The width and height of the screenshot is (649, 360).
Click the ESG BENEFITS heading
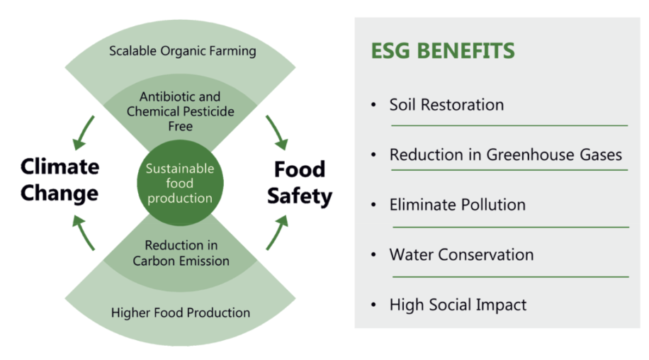[x=442, y=51]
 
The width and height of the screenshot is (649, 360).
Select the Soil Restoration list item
[x=446, y=105]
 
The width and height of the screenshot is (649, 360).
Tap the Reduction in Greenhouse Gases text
[x=505, y=154]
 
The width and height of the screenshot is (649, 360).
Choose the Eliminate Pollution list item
[x=458, y=205]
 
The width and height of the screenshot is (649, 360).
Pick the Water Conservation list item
[x=461, y=255]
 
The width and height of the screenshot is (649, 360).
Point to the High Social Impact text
[x=458, y=305]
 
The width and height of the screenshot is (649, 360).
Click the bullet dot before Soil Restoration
[x=374, y=105]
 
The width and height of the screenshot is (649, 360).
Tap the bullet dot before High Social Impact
[x=374, y=305]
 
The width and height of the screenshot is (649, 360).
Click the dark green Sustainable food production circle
[x=180, y=183]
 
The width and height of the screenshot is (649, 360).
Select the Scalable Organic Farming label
[x=183, y=51]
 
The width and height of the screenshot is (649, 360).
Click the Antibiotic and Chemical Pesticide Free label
[x=180, y=111]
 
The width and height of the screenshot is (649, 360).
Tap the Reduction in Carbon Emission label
[x=181, y=253]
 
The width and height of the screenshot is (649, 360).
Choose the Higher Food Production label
[x=181, y=313]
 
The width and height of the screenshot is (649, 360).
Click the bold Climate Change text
[x=60, y=180]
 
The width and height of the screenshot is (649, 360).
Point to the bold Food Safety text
[x=300, y=183]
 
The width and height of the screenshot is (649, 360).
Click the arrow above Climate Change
[x=83, y=133]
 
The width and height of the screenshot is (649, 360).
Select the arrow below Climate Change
[x=83, y=232]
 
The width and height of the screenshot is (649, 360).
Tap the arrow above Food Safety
[x=277, y=133]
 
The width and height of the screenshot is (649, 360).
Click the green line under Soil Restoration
[x=509, y=125]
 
